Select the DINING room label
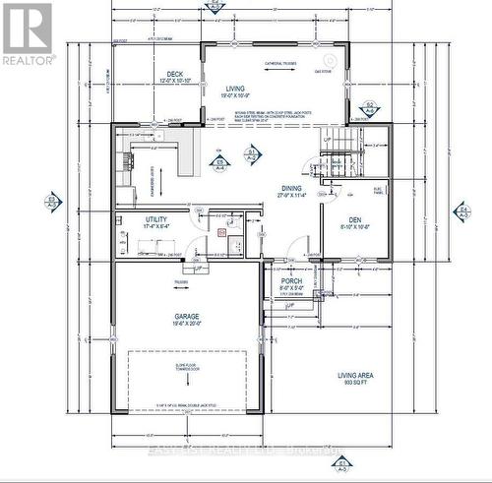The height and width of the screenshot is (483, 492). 292,191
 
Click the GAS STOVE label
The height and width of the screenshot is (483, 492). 321,73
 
